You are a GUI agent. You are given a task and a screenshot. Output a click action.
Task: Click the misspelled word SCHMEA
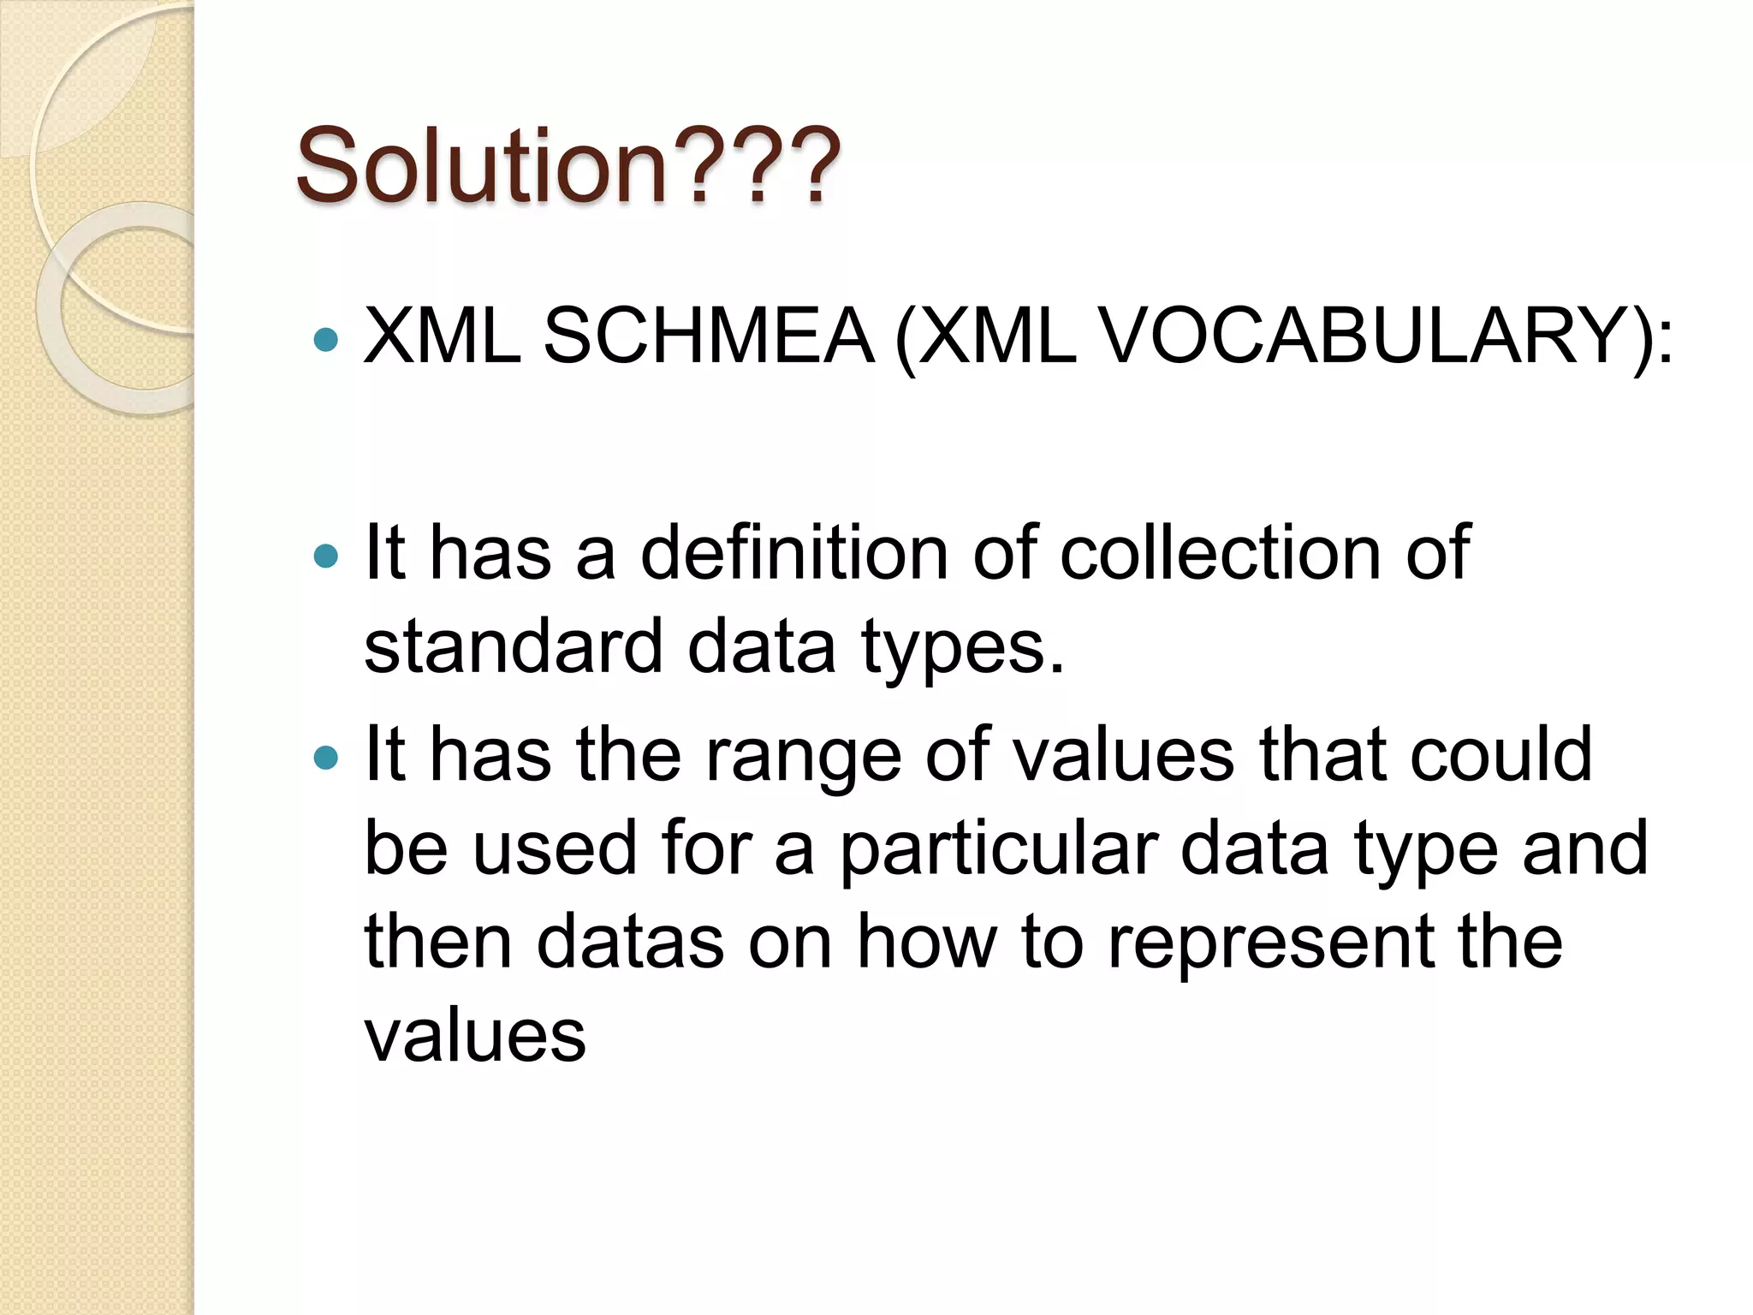tap(709, 336)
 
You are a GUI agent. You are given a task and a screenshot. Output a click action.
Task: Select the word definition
tap(793, 553)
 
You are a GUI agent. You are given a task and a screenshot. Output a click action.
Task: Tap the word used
tap(555, 848)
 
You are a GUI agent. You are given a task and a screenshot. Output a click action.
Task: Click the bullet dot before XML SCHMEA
tap(326, 340)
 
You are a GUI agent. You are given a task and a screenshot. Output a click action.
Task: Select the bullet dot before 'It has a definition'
tap(326, 557)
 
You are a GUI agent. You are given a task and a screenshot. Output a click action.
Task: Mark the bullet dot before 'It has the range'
tap(326, 758)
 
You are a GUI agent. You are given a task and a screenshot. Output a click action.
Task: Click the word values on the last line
tap(475, 1036)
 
